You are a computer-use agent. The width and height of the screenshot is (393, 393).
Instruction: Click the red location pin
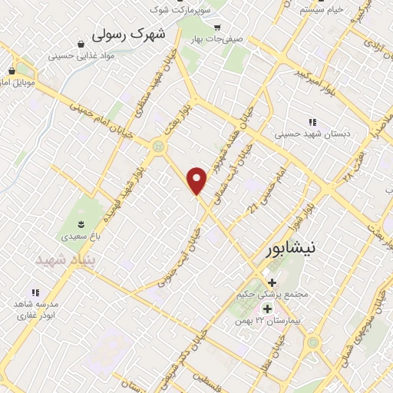198,180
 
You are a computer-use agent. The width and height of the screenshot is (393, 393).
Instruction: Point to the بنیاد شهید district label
63,259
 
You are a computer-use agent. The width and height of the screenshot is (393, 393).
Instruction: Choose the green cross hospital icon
268,308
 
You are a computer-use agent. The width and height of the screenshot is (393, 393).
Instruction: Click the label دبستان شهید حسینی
312,134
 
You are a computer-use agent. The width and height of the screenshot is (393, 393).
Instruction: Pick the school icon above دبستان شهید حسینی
312,121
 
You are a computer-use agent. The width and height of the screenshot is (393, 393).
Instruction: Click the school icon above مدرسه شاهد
35,292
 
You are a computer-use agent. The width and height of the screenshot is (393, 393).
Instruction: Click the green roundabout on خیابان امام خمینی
159,144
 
